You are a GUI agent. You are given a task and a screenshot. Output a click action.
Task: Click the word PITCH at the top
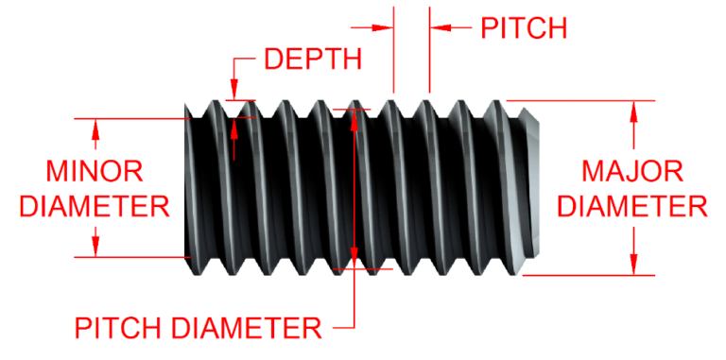click(524, 27)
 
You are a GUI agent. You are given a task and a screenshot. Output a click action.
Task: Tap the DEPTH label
click(312, 59)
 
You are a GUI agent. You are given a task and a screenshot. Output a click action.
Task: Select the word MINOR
click(95, 171)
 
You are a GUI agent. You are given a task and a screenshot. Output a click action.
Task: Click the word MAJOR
click(632, 171)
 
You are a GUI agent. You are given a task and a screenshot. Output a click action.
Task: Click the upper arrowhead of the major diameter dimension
click(634, 110)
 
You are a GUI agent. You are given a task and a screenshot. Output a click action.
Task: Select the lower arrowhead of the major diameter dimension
click(634, 265)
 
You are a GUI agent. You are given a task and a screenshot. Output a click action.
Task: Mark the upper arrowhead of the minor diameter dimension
click(95, 127)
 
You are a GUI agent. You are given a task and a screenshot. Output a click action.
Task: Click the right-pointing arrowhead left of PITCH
click(383, 27)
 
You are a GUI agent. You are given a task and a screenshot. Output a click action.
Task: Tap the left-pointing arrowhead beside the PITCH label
click(441, 27)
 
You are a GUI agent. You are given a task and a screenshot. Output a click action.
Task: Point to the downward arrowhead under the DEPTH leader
click(233, 91)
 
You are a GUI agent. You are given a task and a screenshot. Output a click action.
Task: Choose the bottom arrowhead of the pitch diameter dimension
click(354, 257)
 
